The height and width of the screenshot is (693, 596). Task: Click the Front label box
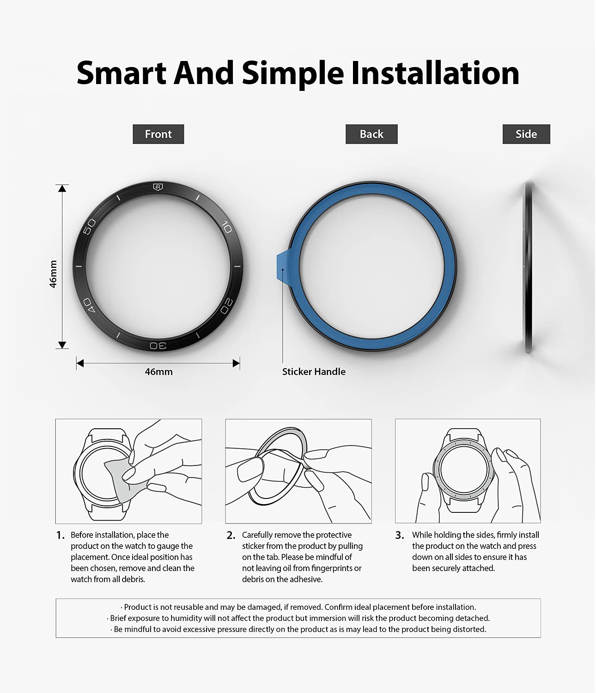[x=158, y=134]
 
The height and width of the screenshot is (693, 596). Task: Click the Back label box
[x=371, y=134]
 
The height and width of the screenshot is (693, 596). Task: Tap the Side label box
[x=526, y=134]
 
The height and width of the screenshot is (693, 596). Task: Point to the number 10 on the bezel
[x=227, y=227]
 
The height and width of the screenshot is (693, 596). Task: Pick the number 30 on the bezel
[x=158, y=345]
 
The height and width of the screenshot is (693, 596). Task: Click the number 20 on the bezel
[x=226, y=306]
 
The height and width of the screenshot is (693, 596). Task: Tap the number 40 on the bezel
[x=89, y=305]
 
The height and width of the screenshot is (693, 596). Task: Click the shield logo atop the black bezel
[x=158, y=187]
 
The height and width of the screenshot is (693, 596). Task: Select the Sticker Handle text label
[x=314, y=371]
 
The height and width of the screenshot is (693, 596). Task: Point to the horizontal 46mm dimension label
[x=158, y=372]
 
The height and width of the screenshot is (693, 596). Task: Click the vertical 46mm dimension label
[x=53, y=274]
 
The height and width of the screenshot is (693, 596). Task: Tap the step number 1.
[x=61, y=535]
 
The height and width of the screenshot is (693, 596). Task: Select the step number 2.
[x=231, y=535]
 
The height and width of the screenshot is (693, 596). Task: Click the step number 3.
[x=399, y=535]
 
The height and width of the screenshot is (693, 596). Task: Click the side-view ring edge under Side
[x=528, y=267]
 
